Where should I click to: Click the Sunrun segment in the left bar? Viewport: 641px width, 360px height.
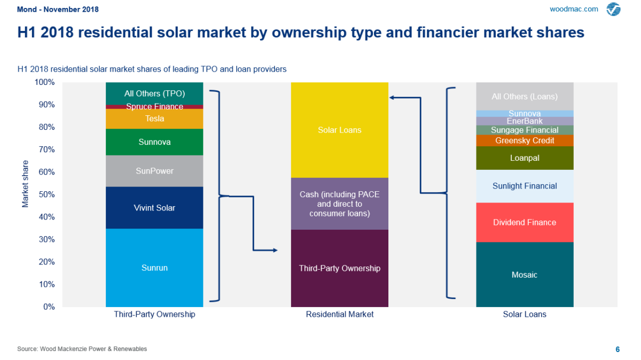(x=154, y=268)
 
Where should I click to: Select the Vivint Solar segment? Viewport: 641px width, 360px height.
(x=154, y=208)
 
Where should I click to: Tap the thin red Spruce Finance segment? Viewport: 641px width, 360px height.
(x=154, y=107)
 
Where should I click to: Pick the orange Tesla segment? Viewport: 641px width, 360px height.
(x=154, y=119)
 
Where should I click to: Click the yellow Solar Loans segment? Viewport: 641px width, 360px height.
(x=339, y=130)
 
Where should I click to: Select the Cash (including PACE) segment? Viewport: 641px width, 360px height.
(x=339, y=204)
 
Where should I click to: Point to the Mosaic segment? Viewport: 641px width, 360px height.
(x=524, y=275)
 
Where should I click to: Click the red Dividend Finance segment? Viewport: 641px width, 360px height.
(x=524, y=222)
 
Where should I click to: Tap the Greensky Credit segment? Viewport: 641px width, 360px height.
(x=524, y=140)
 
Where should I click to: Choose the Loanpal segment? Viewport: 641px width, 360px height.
(x=524, y=158)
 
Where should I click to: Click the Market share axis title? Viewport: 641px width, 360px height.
(x=25, y=183)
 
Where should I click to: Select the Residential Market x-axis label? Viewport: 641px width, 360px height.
(x=339, y=315)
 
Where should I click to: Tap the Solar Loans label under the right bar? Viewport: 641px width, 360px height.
(x=524, y=315)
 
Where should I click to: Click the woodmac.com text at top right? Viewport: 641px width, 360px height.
(x=574, y=9)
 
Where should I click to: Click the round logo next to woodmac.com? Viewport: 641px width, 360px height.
(x=613, y=9)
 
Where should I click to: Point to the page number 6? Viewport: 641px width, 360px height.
(x=617, y=349)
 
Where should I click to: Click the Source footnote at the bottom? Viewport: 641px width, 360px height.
(x=82, y=349)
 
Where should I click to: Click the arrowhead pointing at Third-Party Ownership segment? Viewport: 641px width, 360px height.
(x=275, y=250)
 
